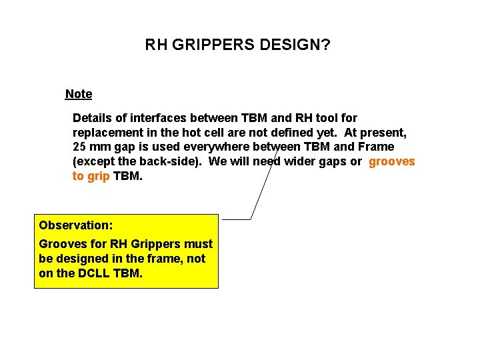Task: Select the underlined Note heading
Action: click(79, 94)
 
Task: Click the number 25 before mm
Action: click(79, 147)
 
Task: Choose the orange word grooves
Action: click(391, 161)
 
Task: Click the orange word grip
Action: click(99, 176)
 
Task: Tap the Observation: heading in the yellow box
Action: click(75, 225)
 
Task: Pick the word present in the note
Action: click(383, 132)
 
